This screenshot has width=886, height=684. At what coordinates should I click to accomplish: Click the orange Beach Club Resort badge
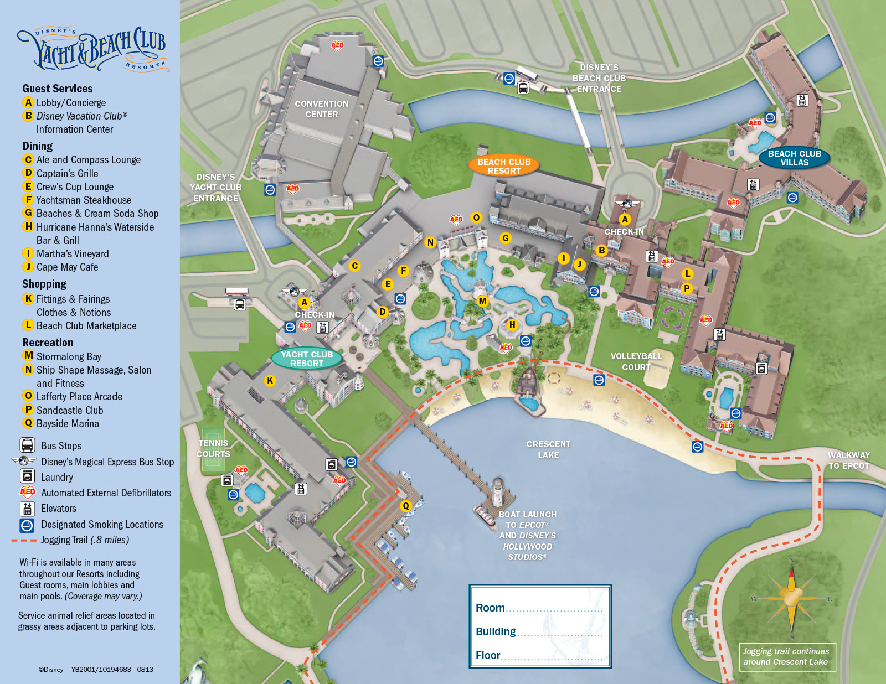[x=504, y=166]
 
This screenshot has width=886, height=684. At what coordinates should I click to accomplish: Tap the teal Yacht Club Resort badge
[x=307, y=359]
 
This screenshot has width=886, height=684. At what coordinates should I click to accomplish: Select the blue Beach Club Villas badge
[x=794, y=158]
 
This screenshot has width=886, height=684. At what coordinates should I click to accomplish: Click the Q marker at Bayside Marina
[x=406, y=506]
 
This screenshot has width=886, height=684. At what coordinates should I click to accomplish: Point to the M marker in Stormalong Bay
[x=482, y=301]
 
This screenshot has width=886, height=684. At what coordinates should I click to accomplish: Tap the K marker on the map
[x=270, y=380]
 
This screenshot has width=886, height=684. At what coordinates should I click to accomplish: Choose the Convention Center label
[x=321, y=109]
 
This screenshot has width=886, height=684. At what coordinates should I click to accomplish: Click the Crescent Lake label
[x=548, y=449]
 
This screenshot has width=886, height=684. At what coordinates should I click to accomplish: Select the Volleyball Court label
[x=636, y=361]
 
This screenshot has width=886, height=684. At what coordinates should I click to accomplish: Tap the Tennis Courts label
[x=213, y=448]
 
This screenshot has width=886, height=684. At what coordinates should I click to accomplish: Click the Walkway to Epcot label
[x=848, y=460]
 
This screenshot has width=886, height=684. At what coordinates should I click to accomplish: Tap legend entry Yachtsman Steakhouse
[x=84, y=200]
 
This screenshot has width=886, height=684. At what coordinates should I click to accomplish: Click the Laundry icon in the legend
[x=27, y=476]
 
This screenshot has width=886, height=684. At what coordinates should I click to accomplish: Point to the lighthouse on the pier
[x=498, y=491]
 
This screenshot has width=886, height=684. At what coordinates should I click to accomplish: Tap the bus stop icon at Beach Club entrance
[x=523, y=87]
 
